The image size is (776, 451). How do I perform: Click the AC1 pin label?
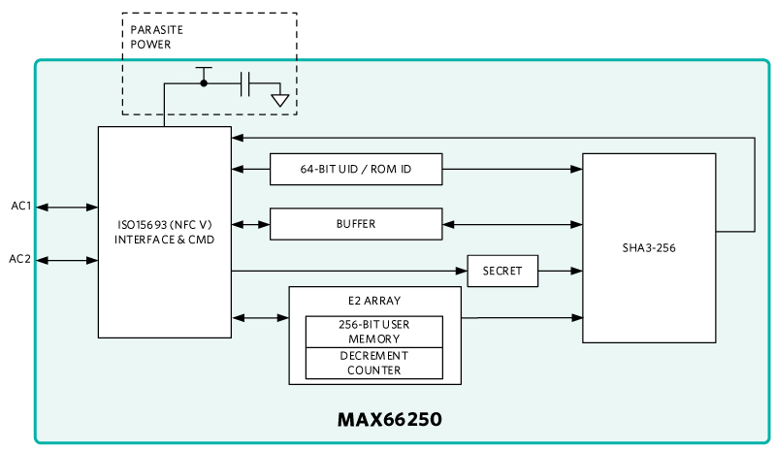20,206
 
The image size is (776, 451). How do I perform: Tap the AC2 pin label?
19,259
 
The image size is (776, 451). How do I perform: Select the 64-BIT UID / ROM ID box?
356,170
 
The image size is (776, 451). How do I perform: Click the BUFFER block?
356,224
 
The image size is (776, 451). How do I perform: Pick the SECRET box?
502,271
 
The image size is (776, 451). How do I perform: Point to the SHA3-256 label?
649,248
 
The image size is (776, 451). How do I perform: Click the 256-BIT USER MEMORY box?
374,332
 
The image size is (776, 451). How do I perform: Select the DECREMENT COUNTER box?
374,364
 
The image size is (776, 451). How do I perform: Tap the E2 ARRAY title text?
374,301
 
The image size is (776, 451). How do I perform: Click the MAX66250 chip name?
390,419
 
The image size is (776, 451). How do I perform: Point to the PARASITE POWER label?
156,37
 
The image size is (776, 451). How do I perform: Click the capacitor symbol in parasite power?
244,83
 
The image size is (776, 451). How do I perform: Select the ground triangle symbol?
280,101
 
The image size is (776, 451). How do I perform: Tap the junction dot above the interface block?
204,83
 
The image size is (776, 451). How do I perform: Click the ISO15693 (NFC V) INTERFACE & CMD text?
164,232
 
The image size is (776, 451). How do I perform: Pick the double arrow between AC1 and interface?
67,207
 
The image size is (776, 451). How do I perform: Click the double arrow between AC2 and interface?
67,260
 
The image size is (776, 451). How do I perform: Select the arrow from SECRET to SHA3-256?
561,271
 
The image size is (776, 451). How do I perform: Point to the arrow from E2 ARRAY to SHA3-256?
522,318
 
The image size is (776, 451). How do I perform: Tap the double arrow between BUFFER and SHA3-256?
513,224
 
